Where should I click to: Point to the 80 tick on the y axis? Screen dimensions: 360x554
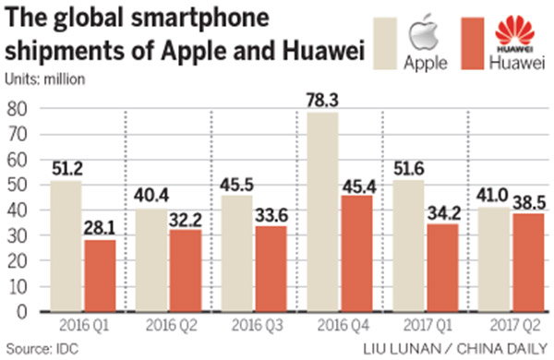click(x=16, y=109)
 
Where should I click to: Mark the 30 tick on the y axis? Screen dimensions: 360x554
click(x=16, y=235)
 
